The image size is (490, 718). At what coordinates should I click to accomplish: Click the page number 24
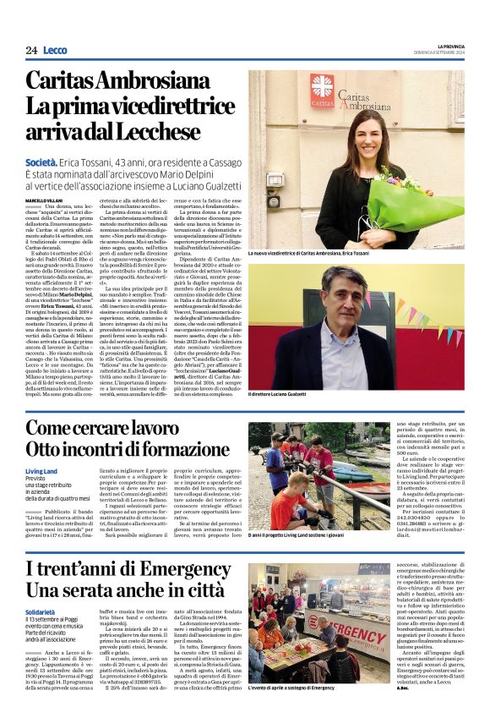pos(31,50)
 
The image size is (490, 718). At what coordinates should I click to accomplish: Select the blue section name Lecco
pos(55,50)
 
